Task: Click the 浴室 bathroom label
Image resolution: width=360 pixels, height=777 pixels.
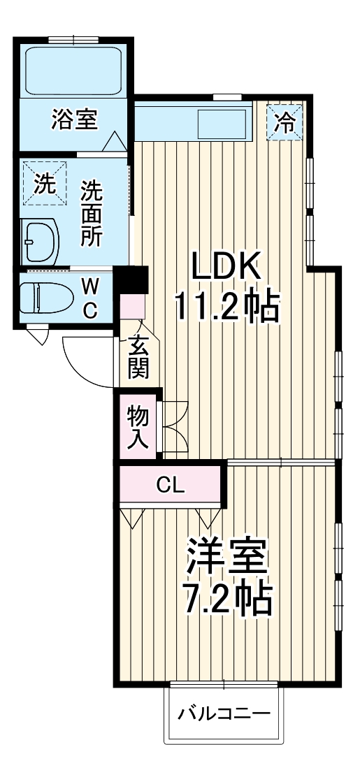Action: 74,120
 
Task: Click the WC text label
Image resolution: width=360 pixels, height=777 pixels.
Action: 90,298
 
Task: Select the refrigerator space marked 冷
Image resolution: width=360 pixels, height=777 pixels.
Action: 285,123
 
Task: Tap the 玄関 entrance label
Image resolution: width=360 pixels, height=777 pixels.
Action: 138,357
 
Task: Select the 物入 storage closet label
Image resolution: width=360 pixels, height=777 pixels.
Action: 138,427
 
